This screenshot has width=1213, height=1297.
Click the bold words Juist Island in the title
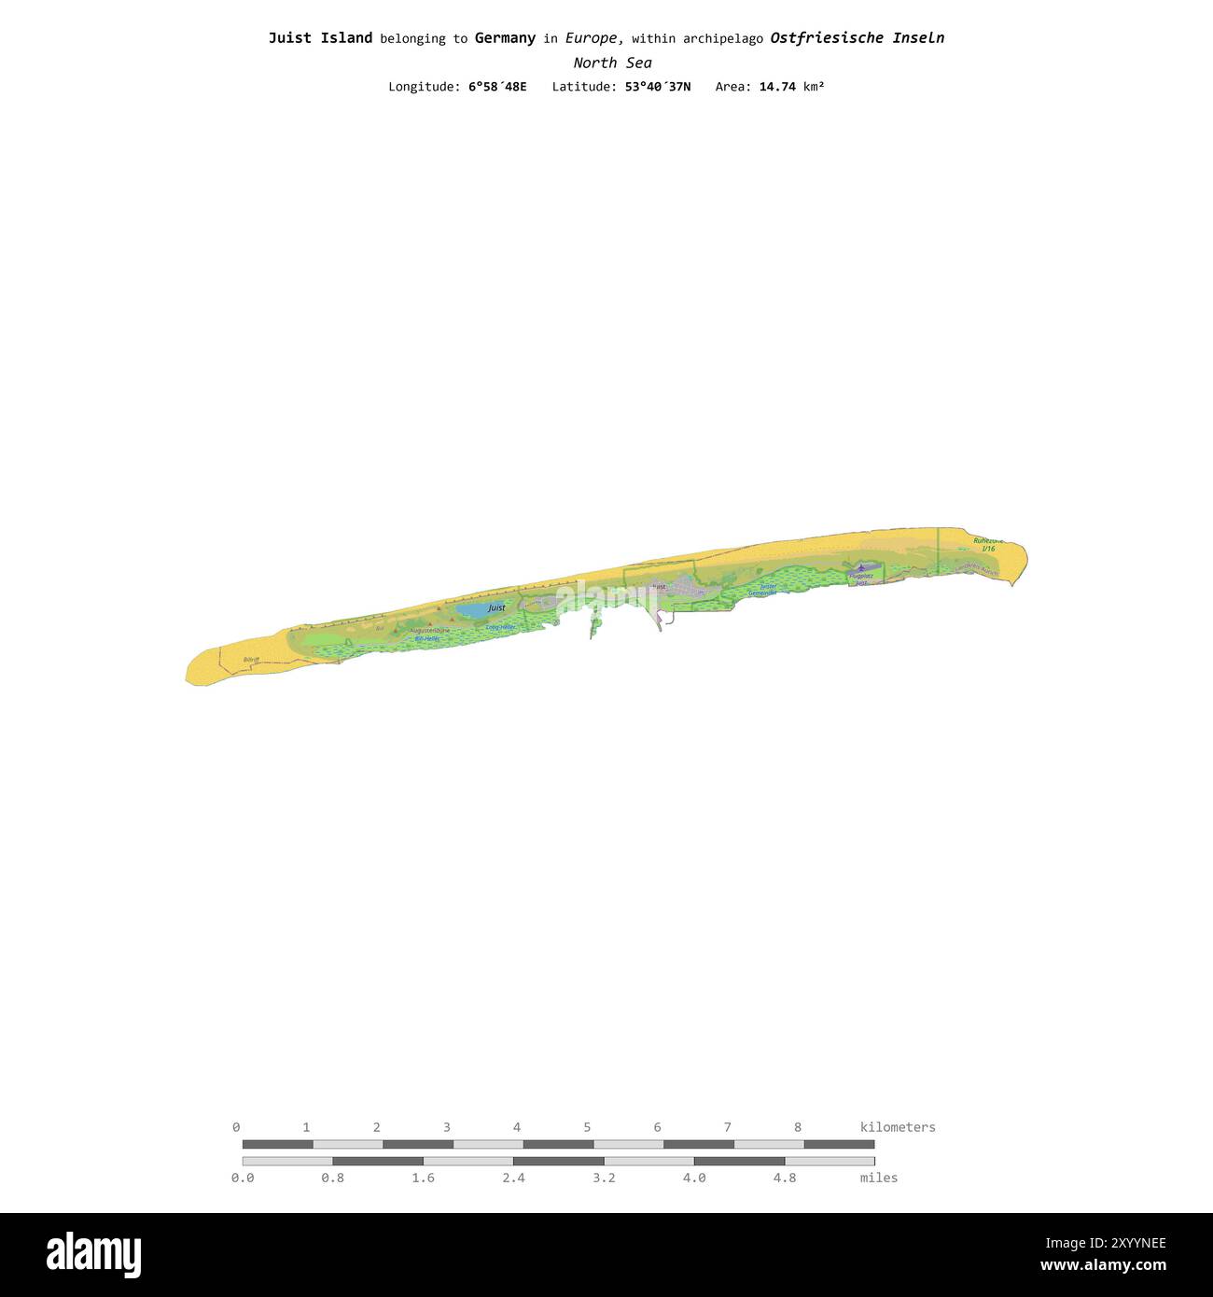(x=320, y=38)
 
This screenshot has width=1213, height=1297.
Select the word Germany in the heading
(x=505, y=38)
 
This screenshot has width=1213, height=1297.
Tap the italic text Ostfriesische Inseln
(x=857, y=38)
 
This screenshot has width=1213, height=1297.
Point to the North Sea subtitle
(x=612, y=63)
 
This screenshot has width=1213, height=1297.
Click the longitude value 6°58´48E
(x=497, y=87)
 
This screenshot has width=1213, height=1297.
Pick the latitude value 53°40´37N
(x=658, y=87)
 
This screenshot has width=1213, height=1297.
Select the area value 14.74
(x=777, y=87)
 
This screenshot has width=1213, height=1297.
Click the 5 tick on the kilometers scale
(x=587, y=1127)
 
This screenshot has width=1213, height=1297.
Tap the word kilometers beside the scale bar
(x=898, y=1127)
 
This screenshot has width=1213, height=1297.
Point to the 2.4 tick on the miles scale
(x=513, y=1178)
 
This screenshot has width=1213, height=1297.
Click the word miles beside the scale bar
(x=879, y=1178)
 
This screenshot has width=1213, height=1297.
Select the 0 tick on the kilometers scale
(x=236, y=1127)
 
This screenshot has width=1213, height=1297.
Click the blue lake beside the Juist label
(x=470, y=610)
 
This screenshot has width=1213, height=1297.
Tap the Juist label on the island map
(x=496, y=607)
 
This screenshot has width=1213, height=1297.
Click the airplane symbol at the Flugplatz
(x=859, y=567)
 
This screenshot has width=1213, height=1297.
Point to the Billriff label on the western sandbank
(x=250, y=660)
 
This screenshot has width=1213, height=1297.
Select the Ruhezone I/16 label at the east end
(x=987, y=544)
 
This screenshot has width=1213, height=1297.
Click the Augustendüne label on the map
(x=429, y=631)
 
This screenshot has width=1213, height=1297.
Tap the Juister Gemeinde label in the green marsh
(x=762, y=590)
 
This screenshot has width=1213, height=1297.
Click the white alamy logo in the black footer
(x=94, y=1254)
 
